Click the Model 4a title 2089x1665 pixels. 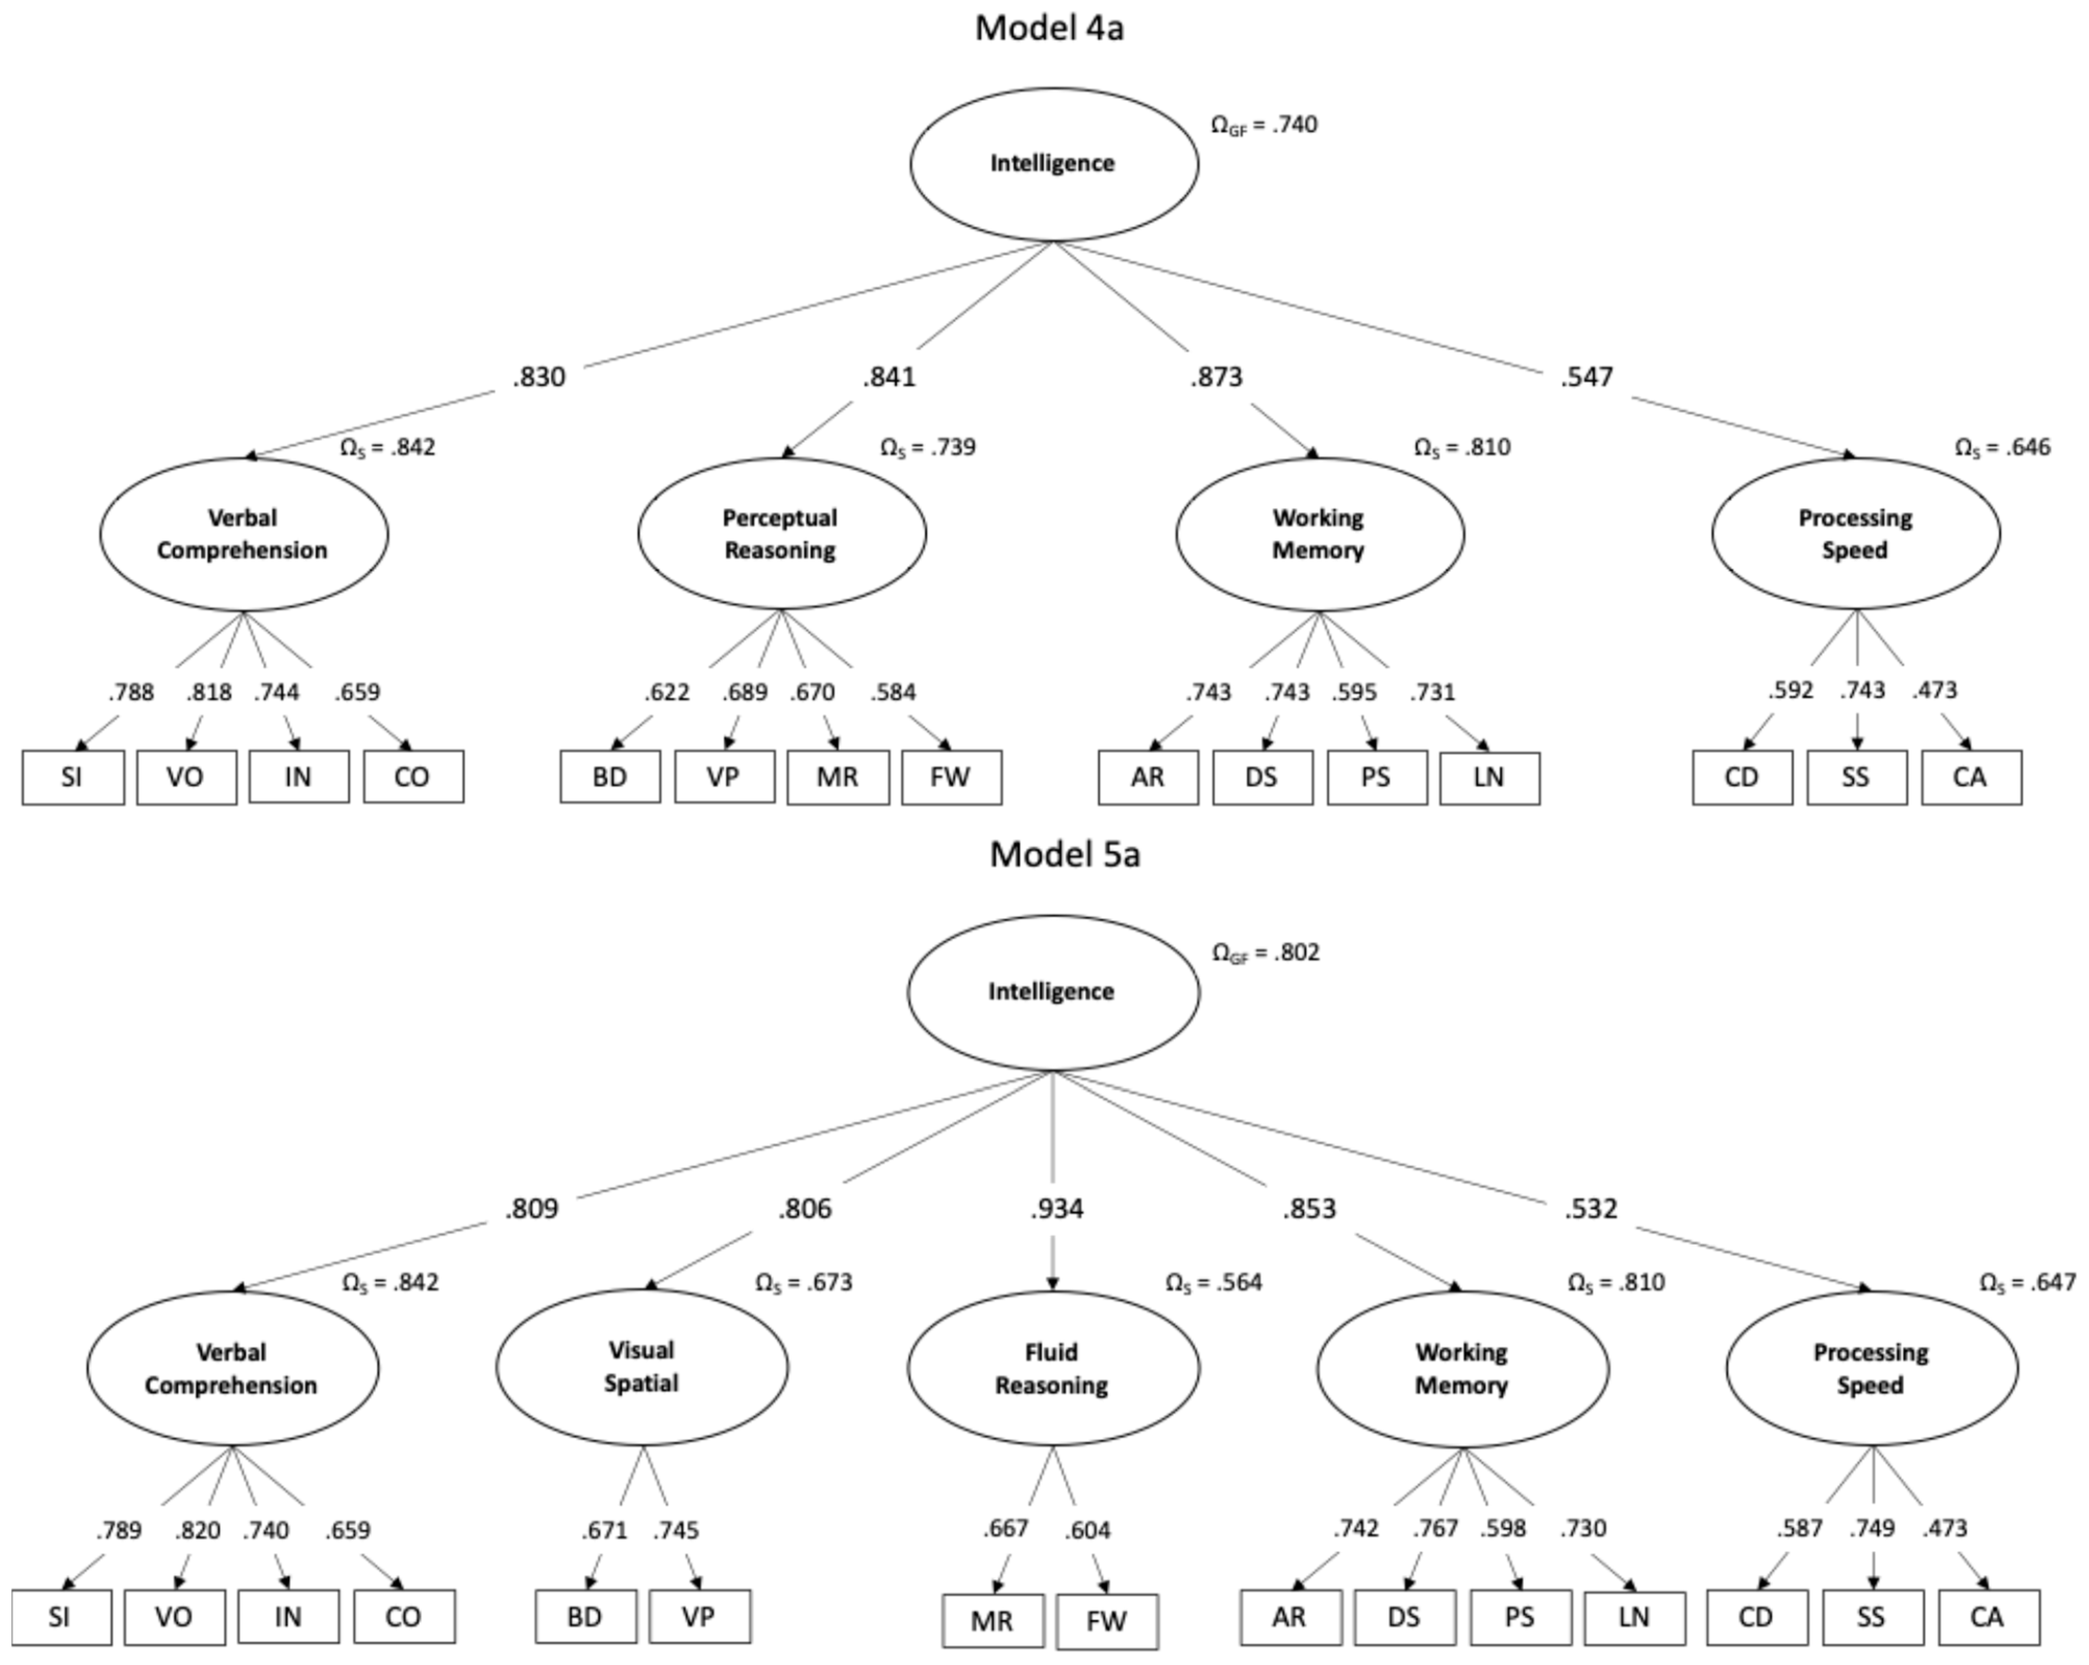(x=1049, y=28)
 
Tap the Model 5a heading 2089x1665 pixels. (x=1064, y=855)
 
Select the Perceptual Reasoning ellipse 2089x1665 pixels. (x=781, y=534)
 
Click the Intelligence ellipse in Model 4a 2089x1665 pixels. (x=1053, y=164)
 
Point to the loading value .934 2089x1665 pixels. (x=1056, y=1209)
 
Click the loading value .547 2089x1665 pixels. (x=1586, y=377)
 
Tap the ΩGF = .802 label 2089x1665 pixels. (x=1266, y=953)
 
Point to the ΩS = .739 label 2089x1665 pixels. (x=927, y=448)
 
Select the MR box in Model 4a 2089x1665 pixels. (x=837, y=777)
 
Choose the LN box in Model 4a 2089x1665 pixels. (x=1488, y=777)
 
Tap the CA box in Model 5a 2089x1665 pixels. (x=1987, y=1617)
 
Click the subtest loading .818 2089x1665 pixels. (x=209, y=692)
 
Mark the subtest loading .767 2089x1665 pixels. (x=1435, y=1529)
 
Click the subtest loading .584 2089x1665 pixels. (x=892, y=692)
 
